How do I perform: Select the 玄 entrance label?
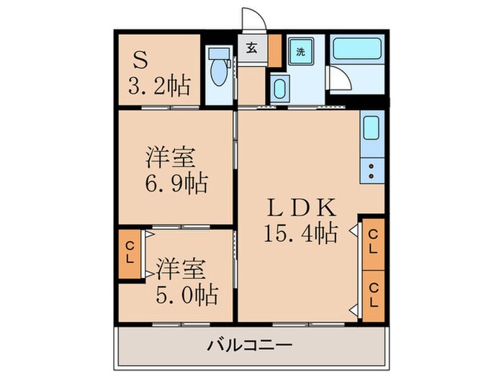click(252, 49)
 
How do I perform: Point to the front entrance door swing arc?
click(250, 18)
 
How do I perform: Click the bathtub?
click(356, 49)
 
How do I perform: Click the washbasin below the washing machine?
click(280, 89)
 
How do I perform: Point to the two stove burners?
click(372, 171)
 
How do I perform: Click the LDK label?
click(301, 208)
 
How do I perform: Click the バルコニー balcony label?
click(251, 346)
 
